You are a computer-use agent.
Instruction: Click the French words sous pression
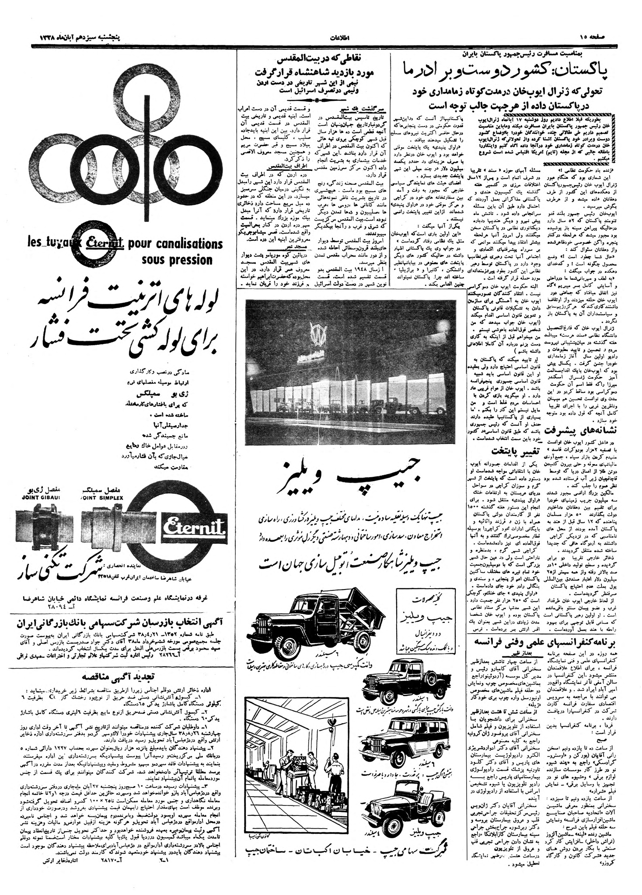pyautogui.click(x=177, y=260)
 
